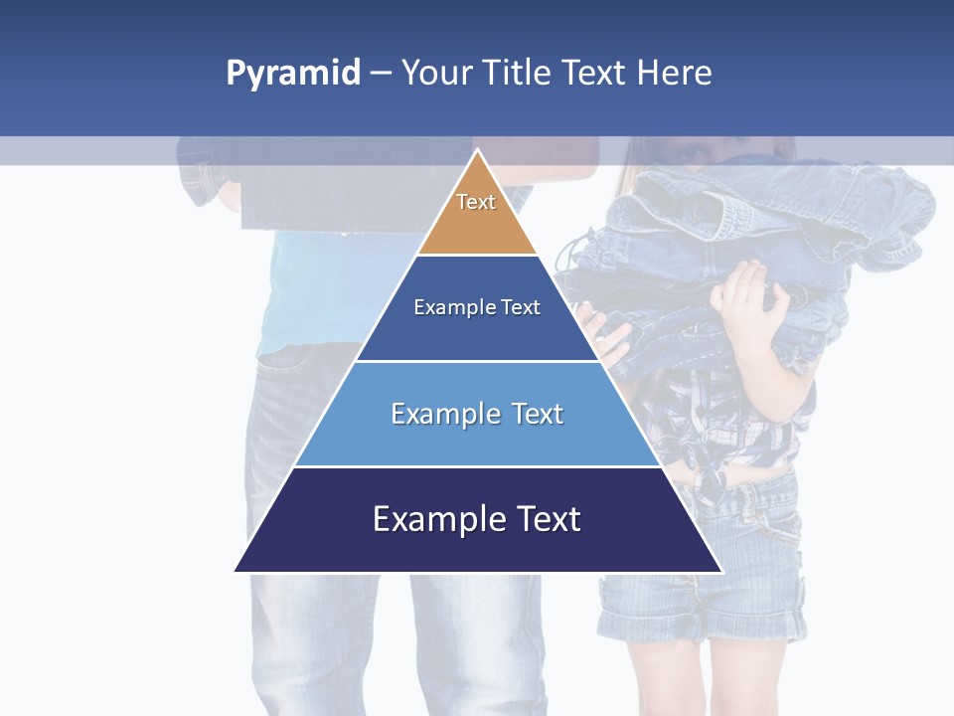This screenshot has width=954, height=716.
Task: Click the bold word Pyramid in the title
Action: click(x=293, y=74)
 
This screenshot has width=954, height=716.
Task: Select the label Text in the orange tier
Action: click(x=476, y=202)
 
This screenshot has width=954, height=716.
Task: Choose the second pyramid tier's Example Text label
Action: click(x=477, y=307)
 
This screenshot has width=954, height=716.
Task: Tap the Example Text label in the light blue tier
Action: click(x=477, y=414)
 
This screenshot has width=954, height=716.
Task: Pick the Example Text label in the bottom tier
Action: click(x=477, y=519)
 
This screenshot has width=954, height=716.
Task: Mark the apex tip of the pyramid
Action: click(x=478, y=151)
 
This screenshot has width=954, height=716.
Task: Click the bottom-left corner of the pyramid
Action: click(x=237, y=571)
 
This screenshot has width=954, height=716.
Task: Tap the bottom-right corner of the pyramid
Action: click(x=720, y=571)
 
